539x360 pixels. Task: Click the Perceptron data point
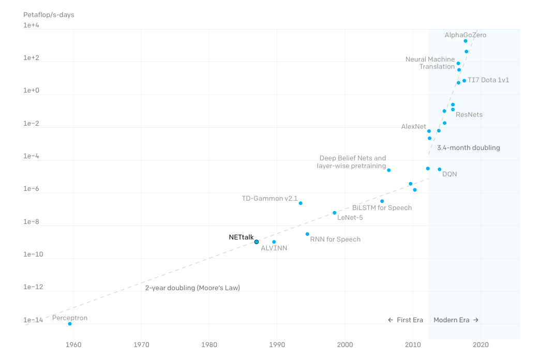tap(70, 324)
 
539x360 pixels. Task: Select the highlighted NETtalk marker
tap(256, 242)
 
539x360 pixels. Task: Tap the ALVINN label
tap(274, 248)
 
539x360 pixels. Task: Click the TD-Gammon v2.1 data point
tap(301, 203)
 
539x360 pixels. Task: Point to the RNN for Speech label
tap(335, 239)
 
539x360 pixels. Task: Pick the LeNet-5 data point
tap(334, 213)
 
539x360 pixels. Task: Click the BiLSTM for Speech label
tap(382, 208)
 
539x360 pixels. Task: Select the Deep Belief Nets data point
tap(389, 170)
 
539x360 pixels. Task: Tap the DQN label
tap(450, 174)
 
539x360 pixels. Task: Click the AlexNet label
tap(413, 127)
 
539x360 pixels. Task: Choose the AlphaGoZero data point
tap(466, 41)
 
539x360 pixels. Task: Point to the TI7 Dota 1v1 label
tap(488, 80)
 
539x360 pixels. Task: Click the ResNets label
tap(469, 114)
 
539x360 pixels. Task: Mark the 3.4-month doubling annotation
tap(468, 148)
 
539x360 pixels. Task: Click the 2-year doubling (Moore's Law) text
tap(192, 288)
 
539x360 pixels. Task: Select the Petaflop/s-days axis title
tap(49, 14)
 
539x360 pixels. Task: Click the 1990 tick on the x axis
tap(277, 344)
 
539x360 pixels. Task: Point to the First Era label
tap(406, 320)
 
